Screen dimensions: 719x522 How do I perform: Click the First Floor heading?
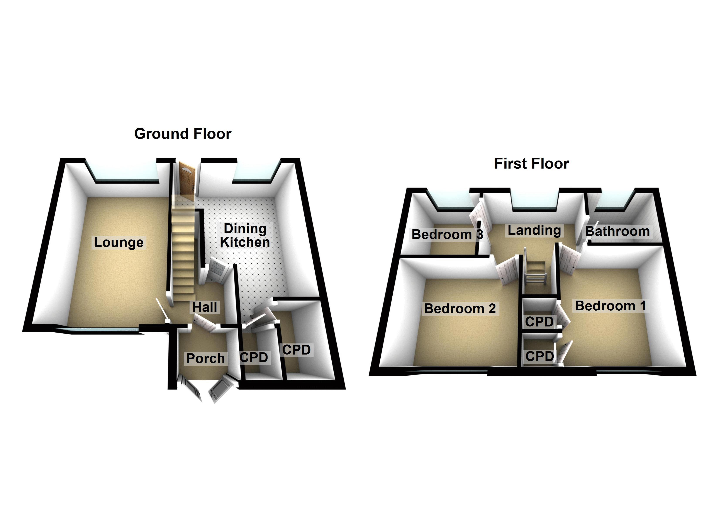[x=532, y=164]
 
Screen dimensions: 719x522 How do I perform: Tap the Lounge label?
[x=119, y=243]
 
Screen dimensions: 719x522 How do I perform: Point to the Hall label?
[x=205, y=307]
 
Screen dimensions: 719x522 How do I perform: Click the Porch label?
[x=205, y=358]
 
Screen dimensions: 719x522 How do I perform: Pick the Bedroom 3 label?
[x=447, y=234]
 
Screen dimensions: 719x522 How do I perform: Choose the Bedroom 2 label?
[x=460, y=309]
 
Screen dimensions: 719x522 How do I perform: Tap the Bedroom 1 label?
[x=610, y=306]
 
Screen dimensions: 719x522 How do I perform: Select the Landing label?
[x=534, y=231]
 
